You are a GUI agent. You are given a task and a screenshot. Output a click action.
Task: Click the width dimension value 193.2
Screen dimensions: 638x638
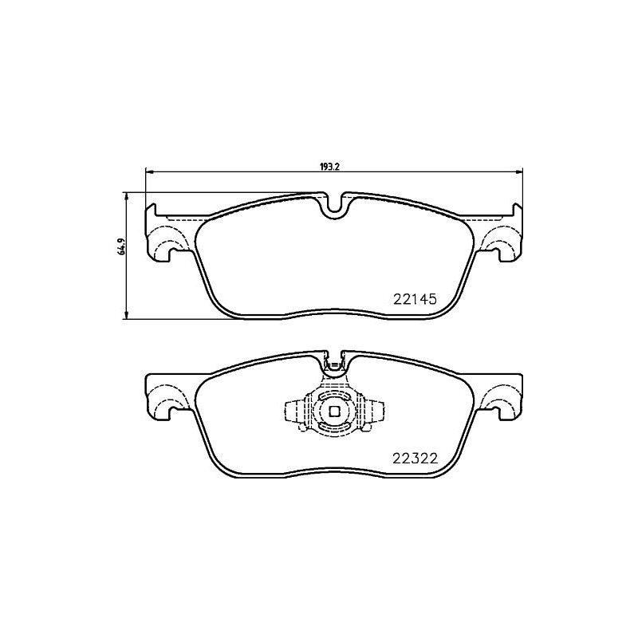pyautogui.click(x=330, y=167)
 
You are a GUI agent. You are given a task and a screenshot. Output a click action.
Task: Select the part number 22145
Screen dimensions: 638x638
pyautogui.click(x=415, y=300)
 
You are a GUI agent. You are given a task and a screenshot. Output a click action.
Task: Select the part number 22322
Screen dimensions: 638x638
pyautogui.click(x=415, y=458)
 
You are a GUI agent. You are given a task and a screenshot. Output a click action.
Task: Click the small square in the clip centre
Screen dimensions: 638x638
pyautogui.click(x=334, y=412)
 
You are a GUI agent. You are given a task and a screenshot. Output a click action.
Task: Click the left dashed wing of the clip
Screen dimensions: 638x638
pyautogui.click(x=296, y=412)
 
